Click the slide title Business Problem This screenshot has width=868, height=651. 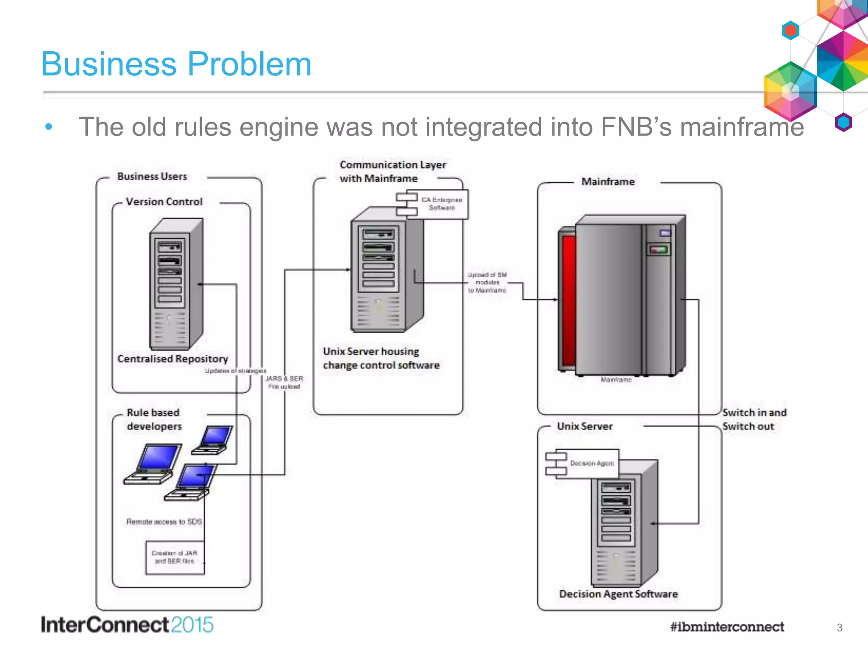(x=176, y=64)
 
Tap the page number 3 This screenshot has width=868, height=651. (x=839, y=628)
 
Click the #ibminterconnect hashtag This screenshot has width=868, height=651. (x=726, y=626)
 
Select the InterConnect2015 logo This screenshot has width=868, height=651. (x=127, y=625)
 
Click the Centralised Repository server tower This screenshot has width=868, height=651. (x=175, y=284)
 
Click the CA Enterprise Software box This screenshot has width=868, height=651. (x=441, y=204)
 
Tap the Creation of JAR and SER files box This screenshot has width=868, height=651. (x=174, y=557)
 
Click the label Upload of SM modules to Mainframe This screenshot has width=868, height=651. (x=487, y=283)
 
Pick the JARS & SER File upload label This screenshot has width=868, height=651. (x=284, y=382)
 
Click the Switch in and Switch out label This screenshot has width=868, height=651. (x=754, y=420)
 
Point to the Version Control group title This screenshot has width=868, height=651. (x=164, y=202)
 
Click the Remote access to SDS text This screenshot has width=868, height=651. (x=164, y=522)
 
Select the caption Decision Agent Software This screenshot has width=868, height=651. (x=618, y=594)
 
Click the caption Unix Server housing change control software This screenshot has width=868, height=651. (x=381, y=359)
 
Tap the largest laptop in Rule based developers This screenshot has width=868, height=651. (x=153, y=464)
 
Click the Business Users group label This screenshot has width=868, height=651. (x=152, y=176)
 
